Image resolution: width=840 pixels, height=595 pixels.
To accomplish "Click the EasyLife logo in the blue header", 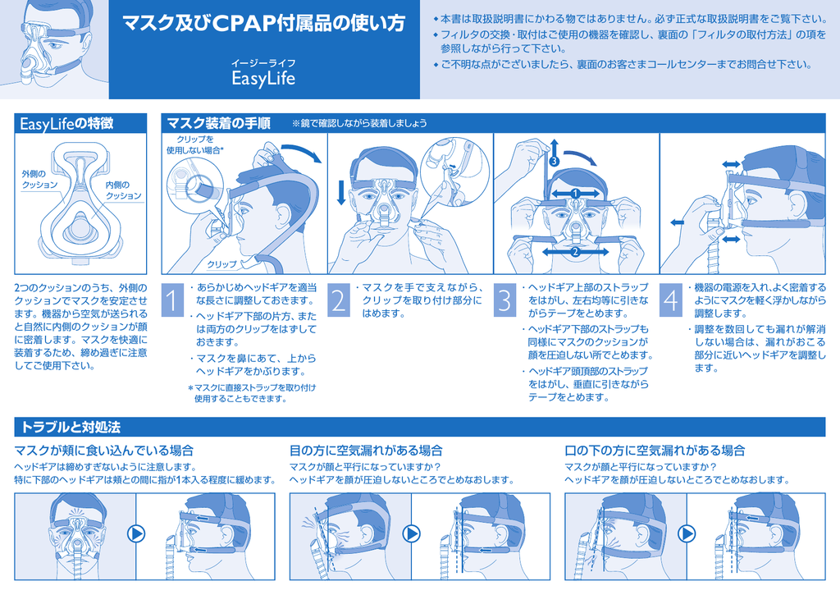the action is point(263,78).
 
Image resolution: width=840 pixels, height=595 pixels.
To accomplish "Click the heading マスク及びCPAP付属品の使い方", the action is point(264,24).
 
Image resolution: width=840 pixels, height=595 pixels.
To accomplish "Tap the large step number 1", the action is point(172,300).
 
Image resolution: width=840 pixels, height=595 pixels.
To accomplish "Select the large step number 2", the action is point(339,300).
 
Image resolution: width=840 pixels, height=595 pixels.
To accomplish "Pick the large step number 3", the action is point(504,300).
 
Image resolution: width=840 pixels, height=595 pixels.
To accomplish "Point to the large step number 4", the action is point(671,300).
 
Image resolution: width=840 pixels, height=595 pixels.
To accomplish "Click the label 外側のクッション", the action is point(39,179).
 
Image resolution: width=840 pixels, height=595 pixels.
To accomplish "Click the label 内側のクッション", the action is point(123,190).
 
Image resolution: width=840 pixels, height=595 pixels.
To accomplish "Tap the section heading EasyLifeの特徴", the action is point(66,124).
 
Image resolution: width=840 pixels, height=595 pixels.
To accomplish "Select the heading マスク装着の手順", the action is point(218,123).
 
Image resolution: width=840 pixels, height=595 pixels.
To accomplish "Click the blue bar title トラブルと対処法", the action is point(71,428).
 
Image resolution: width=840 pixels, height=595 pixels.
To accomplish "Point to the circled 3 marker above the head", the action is point(554,161).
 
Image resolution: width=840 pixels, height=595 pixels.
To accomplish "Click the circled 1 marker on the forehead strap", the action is point(575,193).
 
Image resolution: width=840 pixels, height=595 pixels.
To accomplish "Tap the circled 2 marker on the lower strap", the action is point(575,251).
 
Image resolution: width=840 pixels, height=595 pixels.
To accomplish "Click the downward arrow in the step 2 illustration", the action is point(341,193).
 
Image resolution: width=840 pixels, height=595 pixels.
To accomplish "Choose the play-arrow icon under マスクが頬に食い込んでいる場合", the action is point(137,534).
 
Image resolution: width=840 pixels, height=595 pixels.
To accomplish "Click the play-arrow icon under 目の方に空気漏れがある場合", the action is point(412,534).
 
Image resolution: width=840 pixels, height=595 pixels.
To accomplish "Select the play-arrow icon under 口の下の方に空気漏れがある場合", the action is point(687,534).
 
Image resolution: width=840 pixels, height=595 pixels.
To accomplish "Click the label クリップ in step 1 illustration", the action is point(221,264).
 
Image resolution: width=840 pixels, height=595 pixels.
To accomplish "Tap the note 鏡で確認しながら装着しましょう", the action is point(359,123).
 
